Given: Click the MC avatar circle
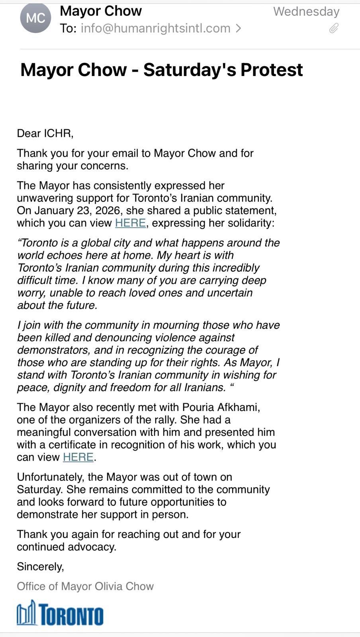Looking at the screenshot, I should tap(35, 18).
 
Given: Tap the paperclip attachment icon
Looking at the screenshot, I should tap(334, 28).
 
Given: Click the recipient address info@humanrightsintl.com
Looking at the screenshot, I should tap(155, 28).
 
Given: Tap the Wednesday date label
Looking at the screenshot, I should tap(306, 12).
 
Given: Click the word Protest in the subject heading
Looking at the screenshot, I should tap(272, 70).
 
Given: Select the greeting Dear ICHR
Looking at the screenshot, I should tap(45, 133).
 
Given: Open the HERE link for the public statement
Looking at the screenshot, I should tap(130, 223).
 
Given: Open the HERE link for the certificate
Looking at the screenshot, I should tap(78, 457).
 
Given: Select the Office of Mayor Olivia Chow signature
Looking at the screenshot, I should tap(85, 586).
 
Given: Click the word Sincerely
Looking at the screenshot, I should tap(40, 567).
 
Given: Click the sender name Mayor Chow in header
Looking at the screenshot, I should tap(101, 11).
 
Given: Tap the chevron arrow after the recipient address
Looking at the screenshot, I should tap(238, 28).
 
